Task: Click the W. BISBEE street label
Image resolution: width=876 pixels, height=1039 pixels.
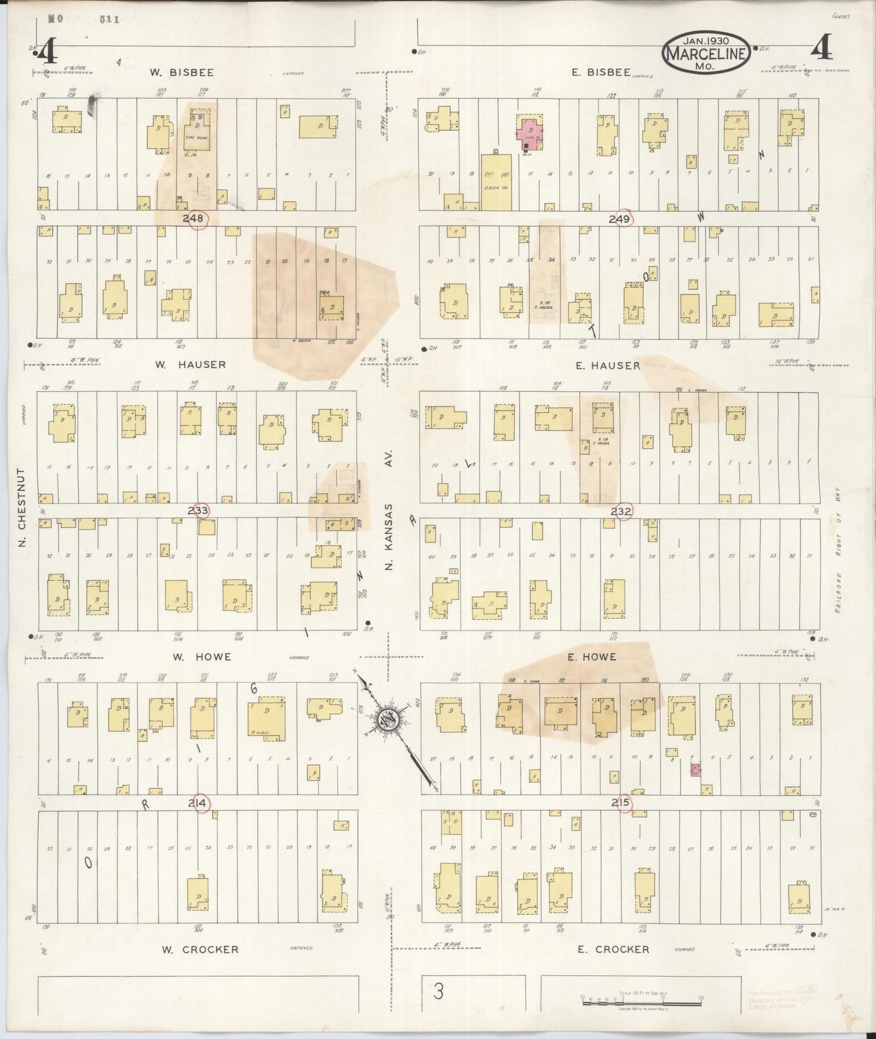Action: coord(182,73)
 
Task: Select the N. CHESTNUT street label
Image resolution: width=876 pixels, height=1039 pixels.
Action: coord(22,506)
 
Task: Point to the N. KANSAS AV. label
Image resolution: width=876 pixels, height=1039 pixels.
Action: coord(389,509)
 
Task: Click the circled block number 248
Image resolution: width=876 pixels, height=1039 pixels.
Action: coord(196,219)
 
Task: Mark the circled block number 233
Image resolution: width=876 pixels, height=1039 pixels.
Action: coord(198,510)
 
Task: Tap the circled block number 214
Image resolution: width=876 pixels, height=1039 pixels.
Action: coord(198,803)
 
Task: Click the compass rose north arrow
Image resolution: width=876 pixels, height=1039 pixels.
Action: coord(388,720)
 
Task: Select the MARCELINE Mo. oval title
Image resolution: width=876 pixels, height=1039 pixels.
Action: coord(706,53)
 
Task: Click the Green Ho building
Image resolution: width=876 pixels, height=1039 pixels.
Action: coord(495,182)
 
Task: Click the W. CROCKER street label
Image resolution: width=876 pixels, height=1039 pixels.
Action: coord(200,949)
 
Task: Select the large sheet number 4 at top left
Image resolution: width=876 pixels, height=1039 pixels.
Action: coord(46,53)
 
